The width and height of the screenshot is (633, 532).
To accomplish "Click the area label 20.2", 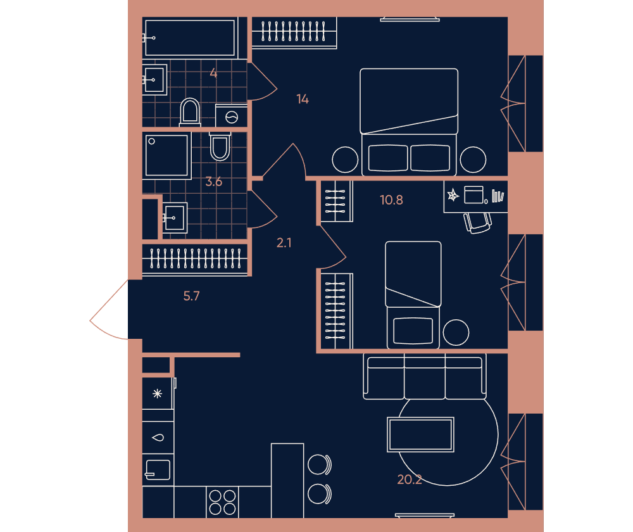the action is [410, 479].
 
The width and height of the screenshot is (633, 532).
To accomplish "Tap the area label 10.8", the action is [391, 200].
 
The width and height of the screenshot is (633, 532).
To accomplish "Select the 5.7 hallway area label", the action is [191, 296].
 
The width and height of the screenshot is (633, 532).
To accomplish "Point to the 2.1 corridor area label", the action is [284, 243].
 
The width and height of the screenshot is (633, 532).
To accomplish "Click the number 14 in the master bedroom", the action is [303, 99].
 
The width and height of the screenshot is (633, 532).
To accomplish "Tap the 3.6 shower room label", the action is [213, 182].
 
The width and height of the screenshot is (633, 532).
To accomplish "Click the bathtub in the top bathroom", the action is [190, 37].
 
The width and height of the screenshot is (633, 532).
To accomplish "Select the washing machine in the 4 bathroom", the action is [231, 116].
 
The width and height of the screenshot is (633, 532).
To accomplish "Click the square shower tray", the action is [166, 156].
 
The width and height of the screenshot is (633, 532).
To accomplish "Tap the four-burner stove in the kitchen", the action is [222, 502].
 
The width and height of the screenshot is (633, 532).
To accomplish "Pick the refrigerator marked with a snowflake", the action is [158, 393].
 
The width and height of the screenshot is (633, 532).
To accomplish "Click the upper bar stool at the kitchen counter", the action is [319, 464].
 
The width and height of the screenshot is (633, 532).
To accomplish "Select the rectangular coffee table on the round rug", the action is [421, 434].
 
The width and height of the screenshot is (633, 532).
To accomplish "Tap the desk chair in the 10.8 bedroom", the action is [477, 223].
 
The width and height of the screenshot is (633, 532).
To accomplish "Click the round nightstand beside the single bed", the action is [456, 332].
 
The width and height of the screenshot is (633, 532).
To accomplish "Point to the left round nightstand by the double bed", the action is [345, 160].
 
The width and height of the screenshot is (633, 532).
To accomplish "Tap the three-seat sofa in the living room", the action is [425, 376].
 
